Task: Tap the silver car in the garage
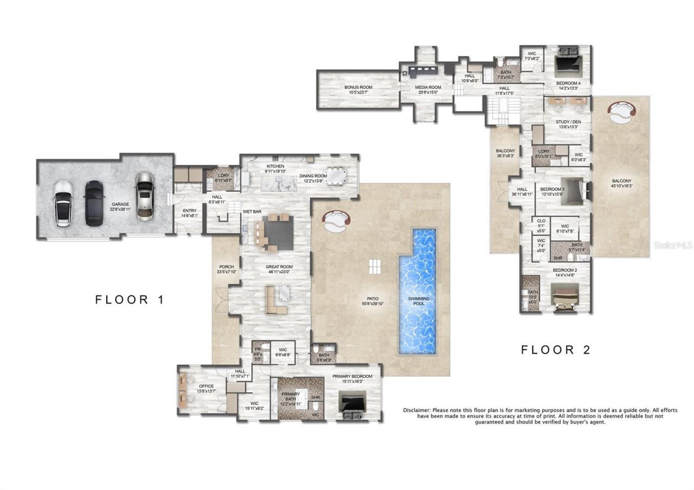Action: point(145,196)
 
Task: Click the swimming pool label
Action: point(419,301)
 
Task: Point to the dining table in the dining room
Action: point(339,177)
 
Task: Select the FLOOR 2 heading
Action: point(555,350)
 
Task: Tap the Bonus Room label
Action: point(358,89)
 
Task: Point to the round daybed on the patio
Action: point(336,220)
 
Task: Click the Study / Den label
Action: point(568,125)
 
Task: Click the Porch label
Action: point(226,269)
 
